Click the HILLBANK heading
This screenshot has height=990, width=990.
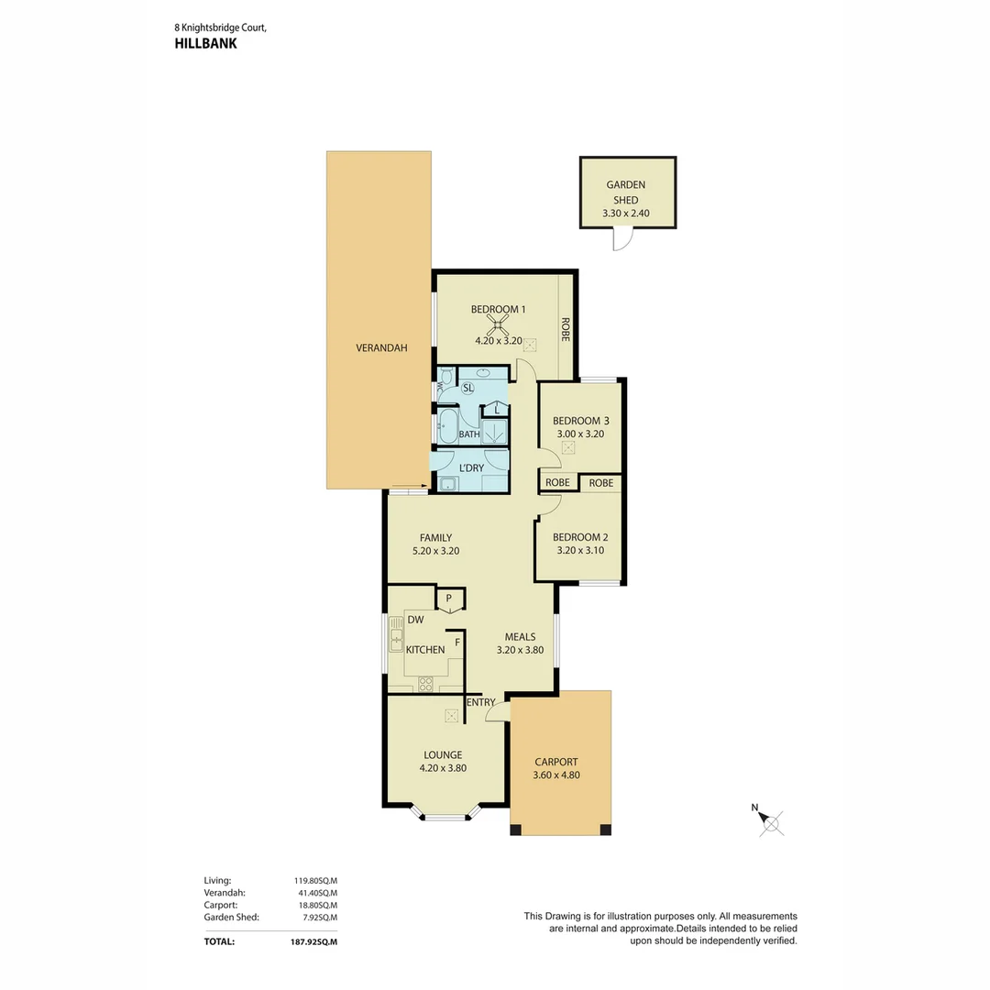click(205, 43)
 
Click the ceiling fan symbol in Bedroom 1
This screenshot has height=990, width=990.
click(498, 324)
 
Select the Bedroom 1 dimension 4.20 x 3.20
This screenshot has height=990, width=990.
click(498, 341)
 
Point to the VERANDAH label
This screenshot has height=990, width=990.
click(380, 347)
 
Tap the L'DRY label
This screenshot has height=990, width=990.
click(471, 468)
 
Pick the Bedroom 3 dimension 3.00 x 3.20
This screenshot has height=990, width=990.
click(579, 434)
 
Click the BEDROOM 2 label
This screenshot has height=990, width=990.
click(580, 537)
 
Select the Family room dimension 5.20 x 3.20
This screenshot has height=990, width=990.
click(435, 552)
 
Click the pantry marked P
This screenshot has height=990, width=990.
click(449, 599)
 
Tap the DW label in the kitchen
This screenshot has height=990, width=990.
click(415, 621)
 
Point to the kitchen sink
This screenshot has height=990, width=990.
click(396, 634)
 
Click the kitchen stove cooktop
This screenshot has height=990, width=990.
click(426, 683)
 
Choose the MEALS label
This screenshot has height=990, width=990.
click(520, 637)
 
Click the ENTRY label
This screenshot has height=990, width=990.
click(480, 703)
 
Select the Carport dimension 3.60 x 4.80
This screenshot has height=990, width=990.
click(555, 775)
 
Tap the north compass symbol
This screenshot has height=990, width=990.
click(770, 821)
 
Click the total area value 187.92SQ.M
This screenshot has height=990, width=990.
click(307, 941)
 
